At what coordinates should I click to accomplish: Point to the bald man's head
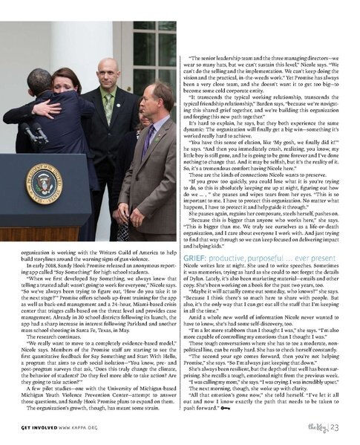click(x=108, y=72)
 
